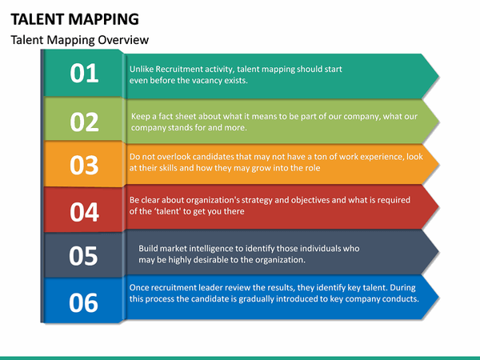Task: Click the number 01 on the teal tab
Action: (84, 74)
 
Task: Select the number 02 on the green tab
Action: (84, 122)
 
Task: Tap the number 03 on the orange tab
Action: (84, 166)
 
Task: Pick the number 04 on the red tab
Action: (84, 212)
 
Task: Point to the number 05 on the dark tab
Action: (84, 256)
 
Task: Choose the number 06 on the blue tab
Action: (84, 302)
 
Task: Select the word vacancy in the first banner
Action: (210, 80)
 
